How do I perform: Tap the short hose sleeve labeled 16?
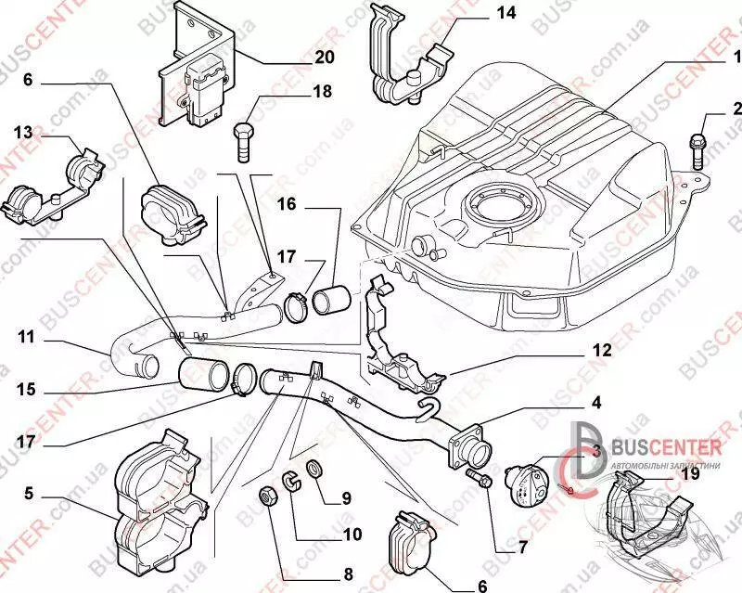[x=329, y=301]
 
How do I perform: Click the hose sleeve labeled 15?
[x=205, y=375]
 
